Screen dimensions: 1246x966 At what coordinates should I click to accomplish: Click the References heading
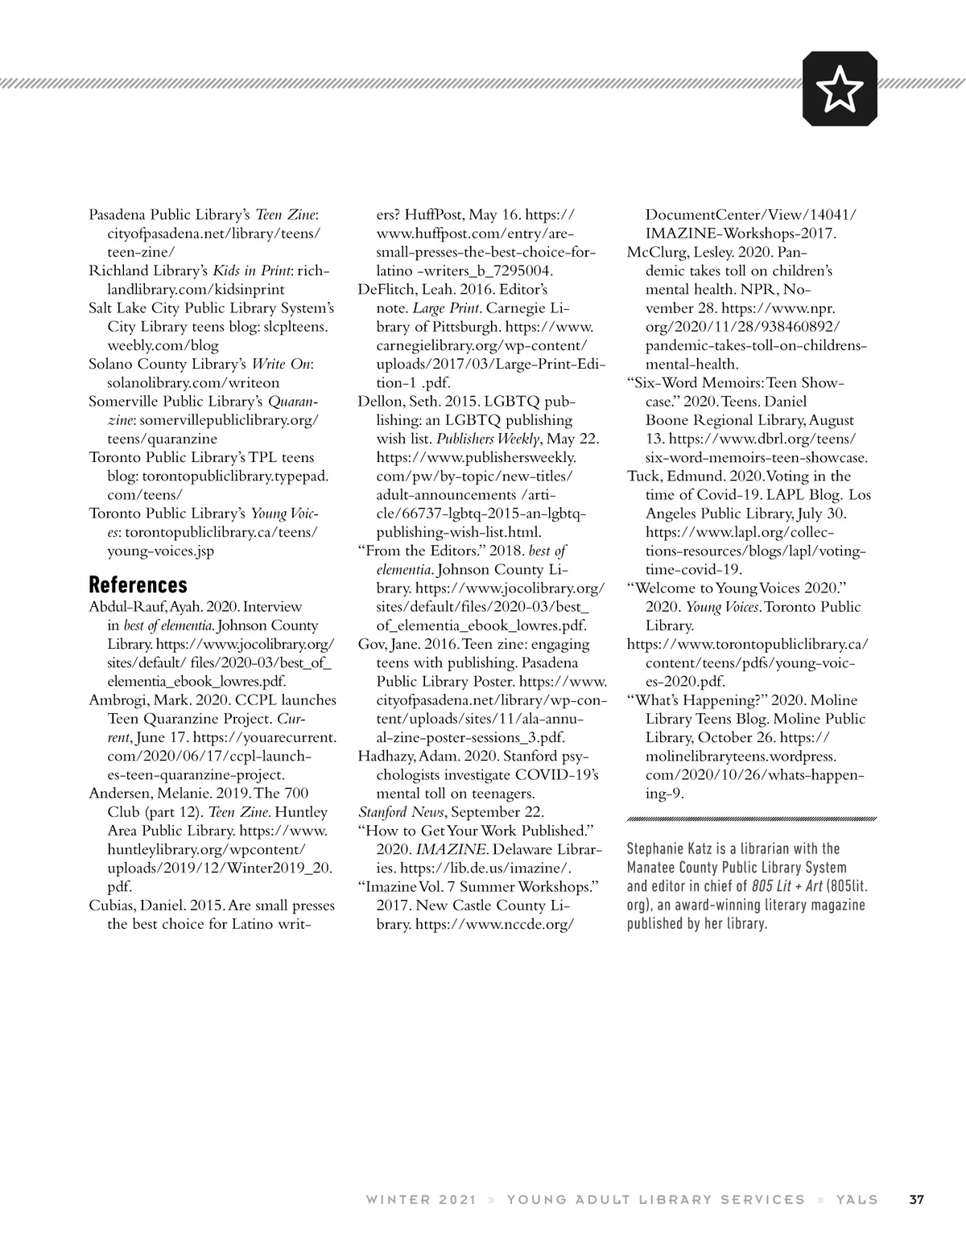[138, 584]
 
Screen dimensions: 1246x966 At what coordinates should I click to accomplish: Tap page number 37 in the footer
[916, 1200]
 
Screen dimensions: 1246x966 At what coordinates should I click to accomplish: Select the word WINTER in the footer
[397, 1200]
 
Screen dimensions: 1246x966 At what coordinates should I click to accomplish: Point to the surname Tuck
[643, 477]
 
